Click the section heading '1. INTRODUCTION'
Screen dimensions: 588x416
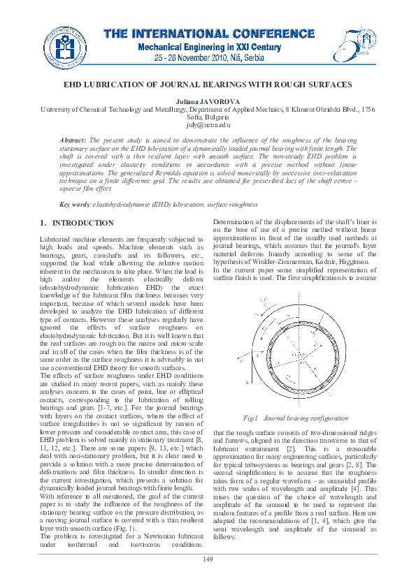coord(77,223)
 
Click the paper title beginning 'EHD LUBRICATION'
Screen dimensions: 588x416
coord(208,84)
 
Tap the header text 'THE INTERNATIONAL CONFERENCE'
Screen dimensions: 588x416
coord(209,34)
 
